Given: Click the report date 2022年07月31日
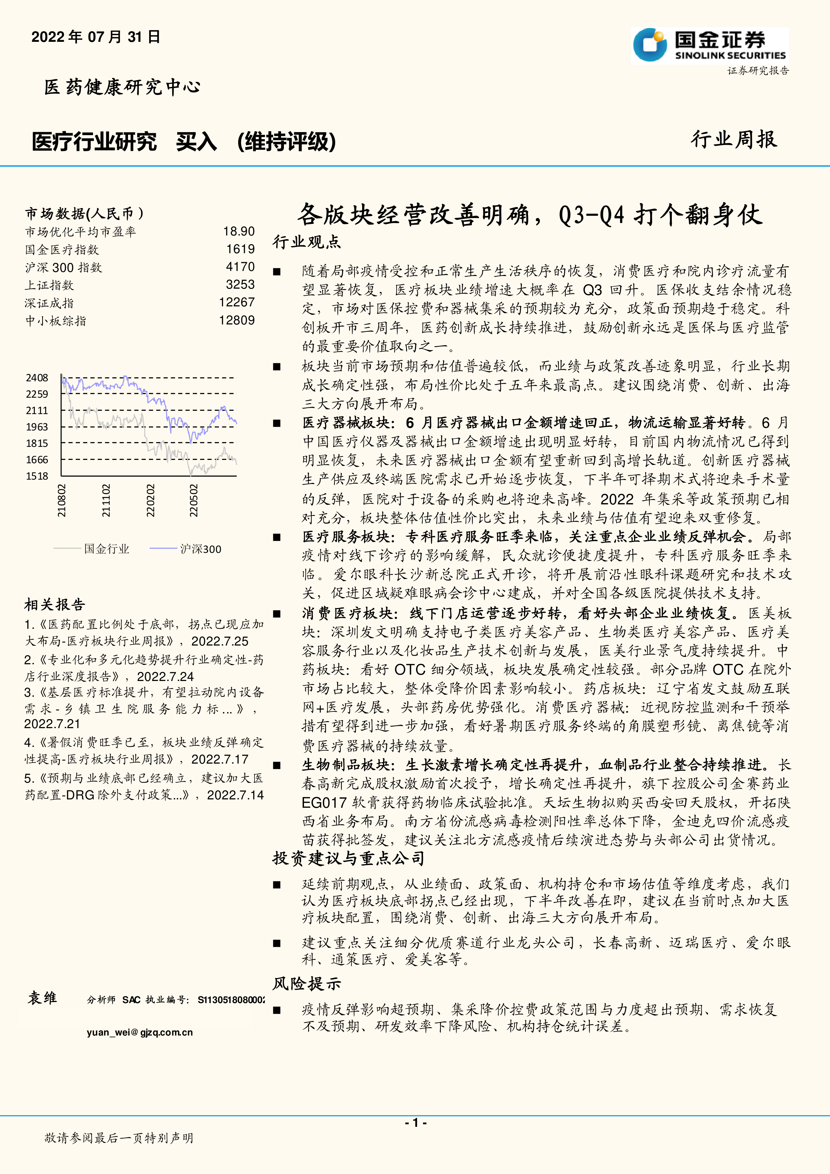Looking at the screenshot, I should click(x=96, y=37).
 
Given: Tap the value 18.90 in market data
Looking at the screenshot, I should click(x=239, y=232).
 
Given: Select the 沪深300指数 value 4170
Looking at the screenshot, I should click(x=240, y=267).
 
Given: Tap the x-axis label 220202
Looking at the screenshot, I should click(x=150, y=501).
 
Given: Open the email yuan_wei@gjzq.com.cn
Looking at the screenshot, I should click(x=139, y=1032).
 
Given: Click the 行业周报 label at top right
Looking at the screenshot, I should click(x=734, y=139).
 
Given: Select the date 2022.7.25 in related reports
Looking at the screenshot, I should click(x=220, y=641).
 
